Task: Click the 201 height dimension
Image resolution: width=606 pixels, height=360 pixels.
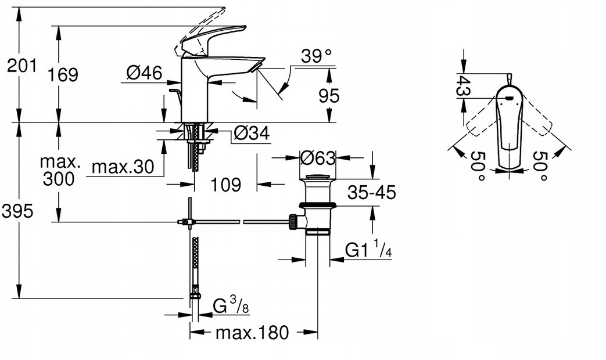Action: (23, 66)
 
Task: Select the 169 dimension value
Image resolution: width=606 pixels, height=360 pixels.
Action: (63, 74)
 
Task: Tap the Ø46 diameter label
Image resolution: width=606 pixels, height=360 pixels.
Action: (145, 72)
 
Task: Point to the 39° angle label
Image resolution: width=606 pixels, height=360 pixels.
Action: (317, 56)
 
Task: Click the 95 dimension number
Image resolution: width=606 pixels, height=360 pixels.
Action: (329, 96)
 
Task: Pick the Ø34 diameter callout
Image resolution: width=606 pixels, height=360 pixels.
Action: (252, 134)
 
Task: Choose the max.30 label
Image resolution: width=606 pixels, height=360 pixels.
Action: (123, 167)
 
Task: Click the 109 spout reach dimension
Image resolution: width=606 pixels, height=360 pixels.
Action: (225, 185)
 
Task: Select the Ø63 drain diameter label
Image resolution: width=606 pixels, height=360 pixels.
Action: (317, 157)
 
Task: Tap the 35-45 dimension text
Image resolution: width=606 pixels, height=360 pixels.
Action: (372, 192)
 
